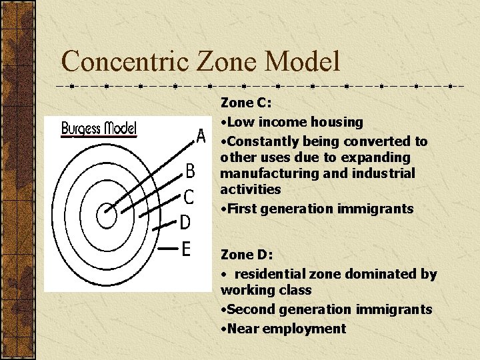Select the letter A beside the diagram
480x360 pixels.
tap(201, 137)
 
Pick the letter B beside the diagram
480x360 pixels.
tap(190, 173)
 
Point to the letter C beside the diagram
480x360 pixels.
tap(189, 197)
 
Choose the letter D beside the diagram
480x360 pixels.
tap(187, 222)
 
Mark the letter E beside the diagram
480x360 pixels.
tap(187, 249)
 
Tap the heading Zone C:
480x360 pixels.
tap(246, 103)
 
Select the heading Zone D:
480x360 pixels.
tap(246, 255)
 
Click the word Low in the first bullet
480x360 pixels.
tap(240, 122)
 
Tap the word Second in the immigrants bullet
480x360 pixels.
tap(250, 309)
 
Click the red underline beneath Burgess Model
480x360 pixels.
tap(99, 136)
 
